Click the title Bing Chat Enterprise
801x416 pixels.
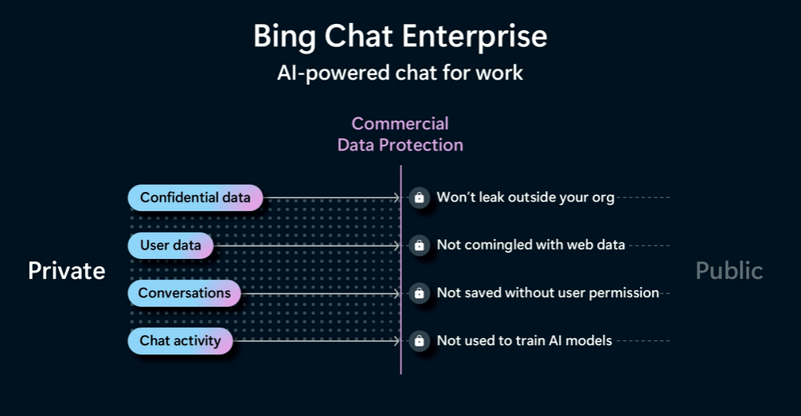(400, 37)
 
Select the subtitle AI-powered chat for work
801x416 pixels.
(400, 73)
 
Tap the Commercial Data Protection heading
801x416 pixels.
(400, 134)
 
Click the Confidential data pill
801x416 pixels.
(195, 198)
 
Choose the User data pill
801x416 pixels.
(170, 245)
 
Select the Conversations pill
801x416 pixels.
(184, 293)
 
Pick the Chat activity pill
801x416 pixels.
(180, 341)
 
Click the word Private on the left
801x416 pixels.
(67, 271)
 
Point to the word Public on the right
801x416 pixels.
(729, 271)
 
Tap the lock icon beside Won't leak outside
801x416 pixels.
(420, 198)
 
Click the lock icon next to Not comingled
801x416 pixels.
(420, 246)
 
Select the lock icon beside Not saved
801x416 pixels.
(420, 294)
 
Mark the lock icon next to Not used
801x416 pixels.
(420, 342)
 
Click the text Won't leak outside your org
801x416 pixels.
(526, 198)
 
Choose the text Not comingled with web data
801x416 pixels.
(530, 245)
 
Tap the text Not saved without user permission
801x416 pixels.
(548, 293)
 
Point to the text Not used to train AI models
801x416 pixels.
(524, 341)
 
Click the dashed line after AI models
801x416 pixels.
(643, 341)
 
